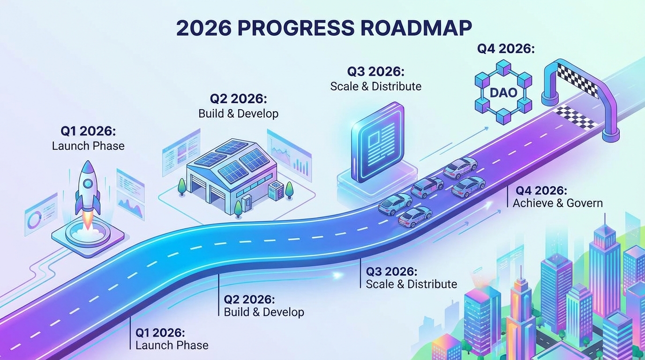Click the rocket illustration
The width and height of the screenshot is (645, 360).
(x=88, y=192)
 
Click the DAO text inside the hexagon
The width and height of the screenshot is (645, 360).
(x=503, y=92)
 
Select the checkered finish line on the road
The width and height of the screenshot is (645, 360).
(x=575, y=116)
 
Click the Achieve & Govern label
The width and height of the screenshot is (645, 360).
(x=557, y=203)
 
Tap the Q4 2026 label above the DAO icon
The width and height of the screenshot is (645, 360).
(x=506, y=49)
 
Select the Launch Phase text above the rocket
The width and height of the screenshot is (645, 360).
(x=88, y=146)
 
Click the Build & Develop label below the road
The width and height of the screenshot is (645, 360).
(x=264, y=312)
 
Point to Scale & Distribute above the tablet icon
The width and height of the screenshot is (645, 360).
(x=375, y=86)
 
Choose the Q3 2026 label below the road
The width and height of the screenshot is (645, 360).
(x=391, y=271)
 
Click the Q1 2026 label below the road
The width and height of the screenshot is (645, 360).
(x=160, y=333)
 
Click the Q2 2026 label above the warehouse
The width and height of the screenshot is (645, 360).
(x=238, y=99)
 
